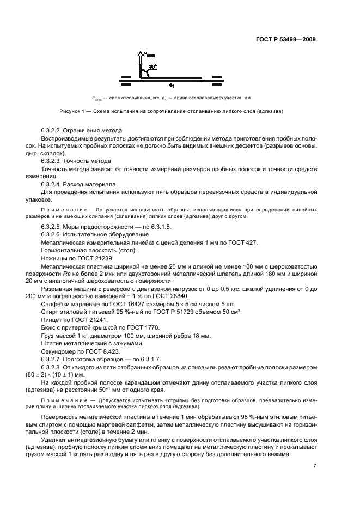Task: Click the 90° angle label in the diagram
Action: point(153,66)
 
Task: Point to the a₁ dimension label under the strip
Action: point(171,85)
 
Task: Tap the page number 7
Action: point(315,465)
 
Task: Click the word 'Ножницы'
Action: point(55,258)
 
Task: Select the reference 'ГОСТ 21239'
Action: point(90,258)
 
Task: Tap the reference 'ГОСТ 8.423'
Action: point(99,351)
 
